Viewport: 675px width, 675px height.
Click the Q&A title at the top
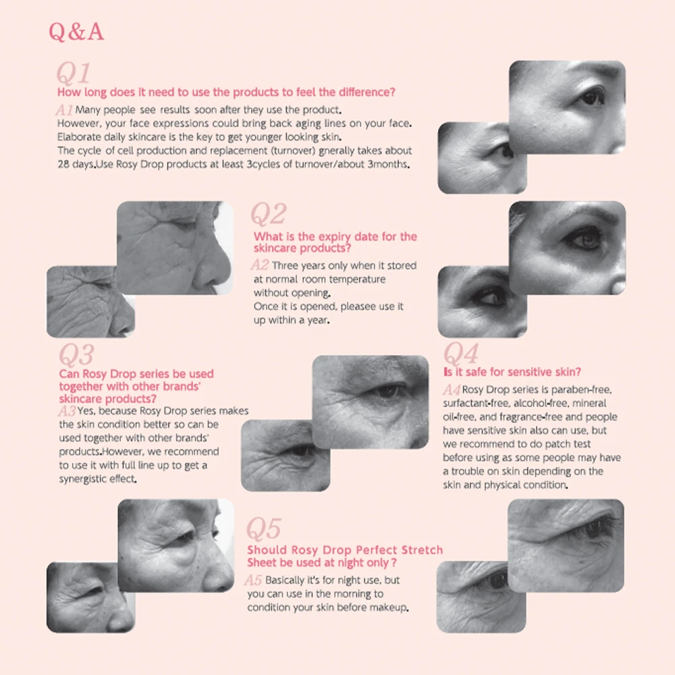(76, 32)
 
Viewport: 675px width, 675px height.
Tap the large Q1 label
(72, 74)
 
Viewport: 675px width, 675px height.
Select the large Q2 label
(269, 215)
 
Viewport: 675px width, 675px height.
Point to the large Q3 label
(76, 355)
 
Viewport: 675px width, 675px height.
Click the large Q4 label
(461, 353)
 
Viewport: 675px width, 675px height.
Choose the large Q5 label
(263, 529)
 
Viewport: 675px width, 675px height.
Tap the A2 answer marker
(260, 265)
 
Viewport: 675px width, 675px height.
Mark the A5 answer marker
(253, 580)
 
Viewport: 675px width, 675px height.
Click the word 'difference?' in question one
(365, 92)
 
